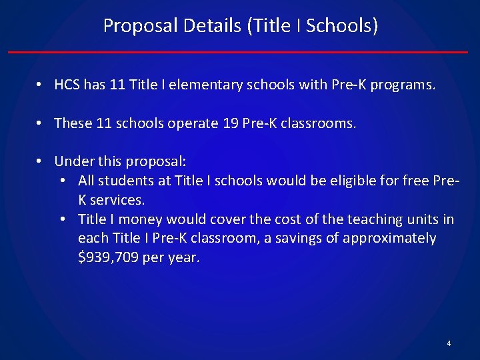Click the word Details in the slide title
coord(211,26)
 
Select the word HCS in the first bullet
coord(67,85)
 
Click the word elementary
coord(211,85)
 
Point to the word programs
coord(403,85)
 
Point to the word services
coord(117,200)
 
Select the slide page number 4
coord(449,343)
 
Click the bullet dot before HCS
coord(41,85)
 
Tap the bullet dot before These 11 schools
coord(41,123)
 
